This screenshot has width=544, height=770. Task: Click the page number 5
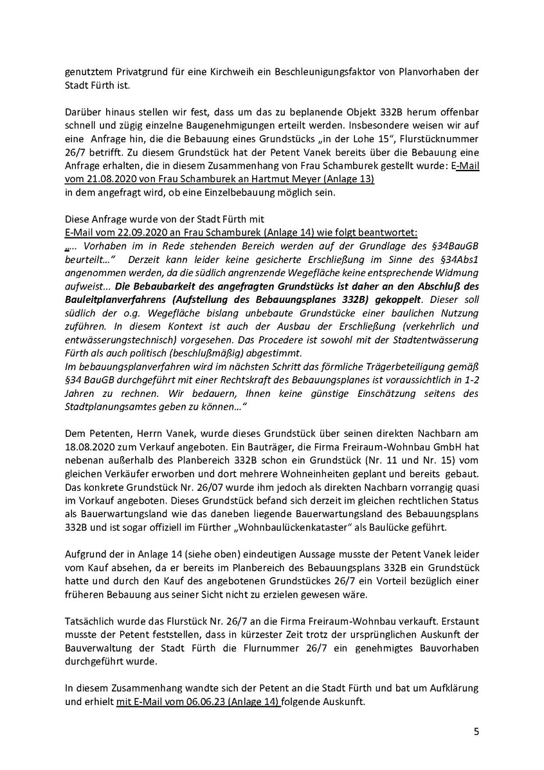[x=476, y=731]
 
